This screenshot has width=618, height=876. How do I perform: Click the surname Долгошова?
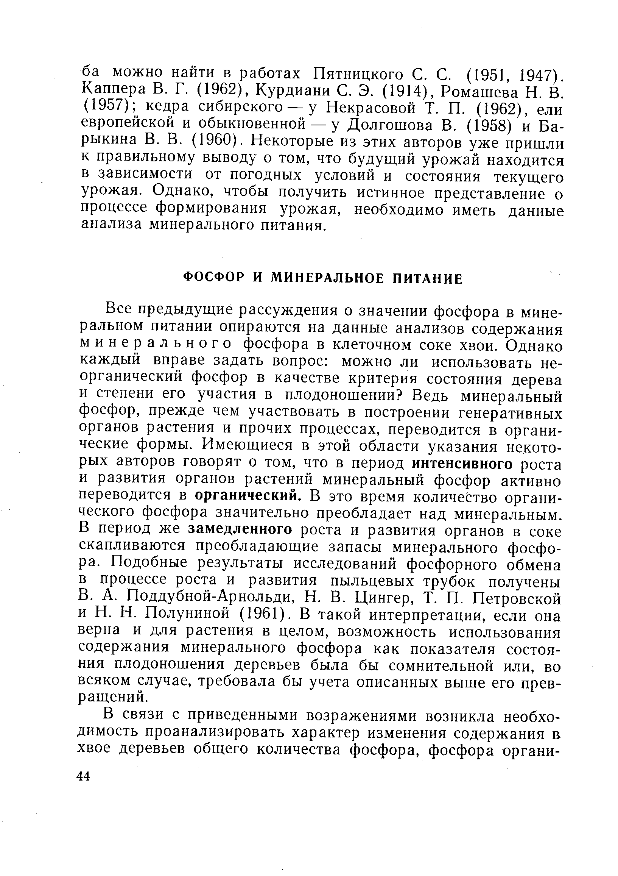[389, 125]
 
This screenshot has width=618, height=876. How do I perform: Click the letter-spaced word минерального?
[156, 344]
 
